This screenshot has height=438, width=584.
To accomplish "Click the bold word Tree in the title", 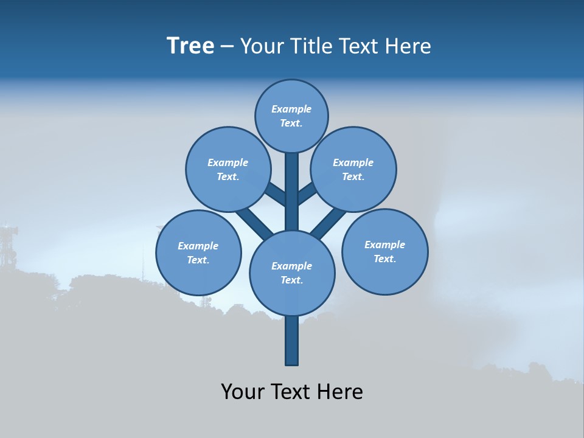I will coord(190,46).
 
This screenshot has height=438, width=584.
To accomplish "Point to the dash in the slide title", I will coord(227,47).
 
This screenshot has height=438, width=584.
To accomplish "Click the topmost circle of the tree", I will coord(291,116).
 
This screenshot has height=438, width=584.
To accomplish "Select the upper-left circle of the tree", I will coord(228,169).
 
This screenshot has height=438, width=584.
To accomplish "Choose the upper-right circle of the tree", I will coord(353,169).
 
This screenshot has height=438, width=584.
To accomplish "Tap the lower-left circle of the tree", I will coord(198,252).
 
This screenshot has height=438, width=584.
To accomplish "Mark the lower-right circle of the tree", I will coord(385,252).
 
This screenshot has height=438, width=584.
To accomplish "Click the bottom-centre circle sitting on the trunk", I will coord(292,273).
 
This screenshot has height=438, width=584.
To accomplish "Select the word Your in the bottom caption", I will coord(243,392).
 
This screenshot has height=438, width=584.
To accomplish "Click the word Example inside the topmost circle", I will coord(291,109).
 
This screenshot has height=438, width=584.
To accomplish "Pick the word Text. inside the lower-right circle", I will coord(384,259).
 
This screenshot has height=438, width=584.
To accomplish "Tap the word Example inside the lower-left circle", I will coord(198,246).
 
